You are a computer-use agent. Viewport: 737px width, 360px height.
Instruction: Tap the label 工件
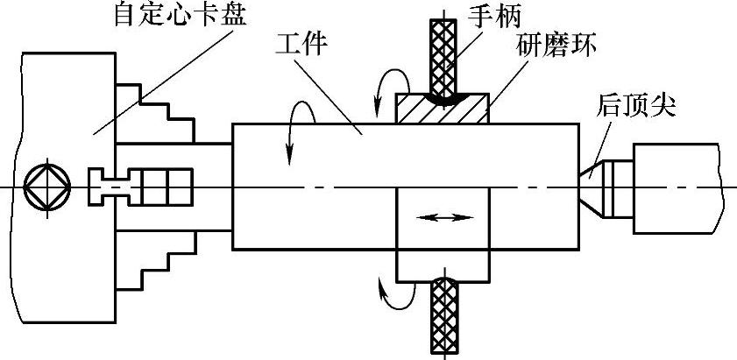click(x=301, y=44)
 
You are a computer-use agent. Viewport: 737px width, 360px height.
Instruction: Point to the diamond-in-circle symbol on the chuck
click(x=41, y=187)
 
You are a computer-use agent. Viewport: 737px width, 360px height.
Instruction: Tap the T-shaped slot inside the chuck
click(x=110, y=187)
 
